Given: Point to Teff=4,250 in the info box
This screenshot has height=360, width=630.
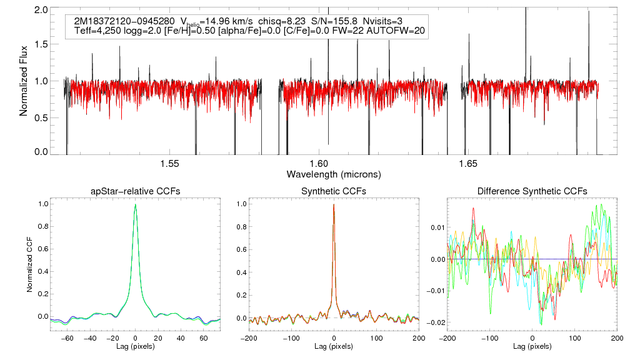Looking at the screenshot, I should [99, 31].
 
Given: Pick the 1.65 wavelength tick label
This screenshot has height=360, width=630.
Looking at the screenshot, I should [468, 164].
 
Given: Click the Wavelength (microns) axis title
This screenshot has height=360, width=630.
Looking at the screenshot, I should [334, 174].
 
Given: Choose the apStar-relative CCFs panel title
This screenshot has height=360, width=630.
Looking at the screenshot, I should [136, 191].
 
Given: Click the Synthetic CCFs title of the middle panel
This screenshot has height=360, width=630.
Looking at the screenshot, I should [334, 191].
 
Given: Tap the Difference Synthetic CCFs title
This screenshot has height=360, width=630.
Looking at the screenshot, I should [532, 191].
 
